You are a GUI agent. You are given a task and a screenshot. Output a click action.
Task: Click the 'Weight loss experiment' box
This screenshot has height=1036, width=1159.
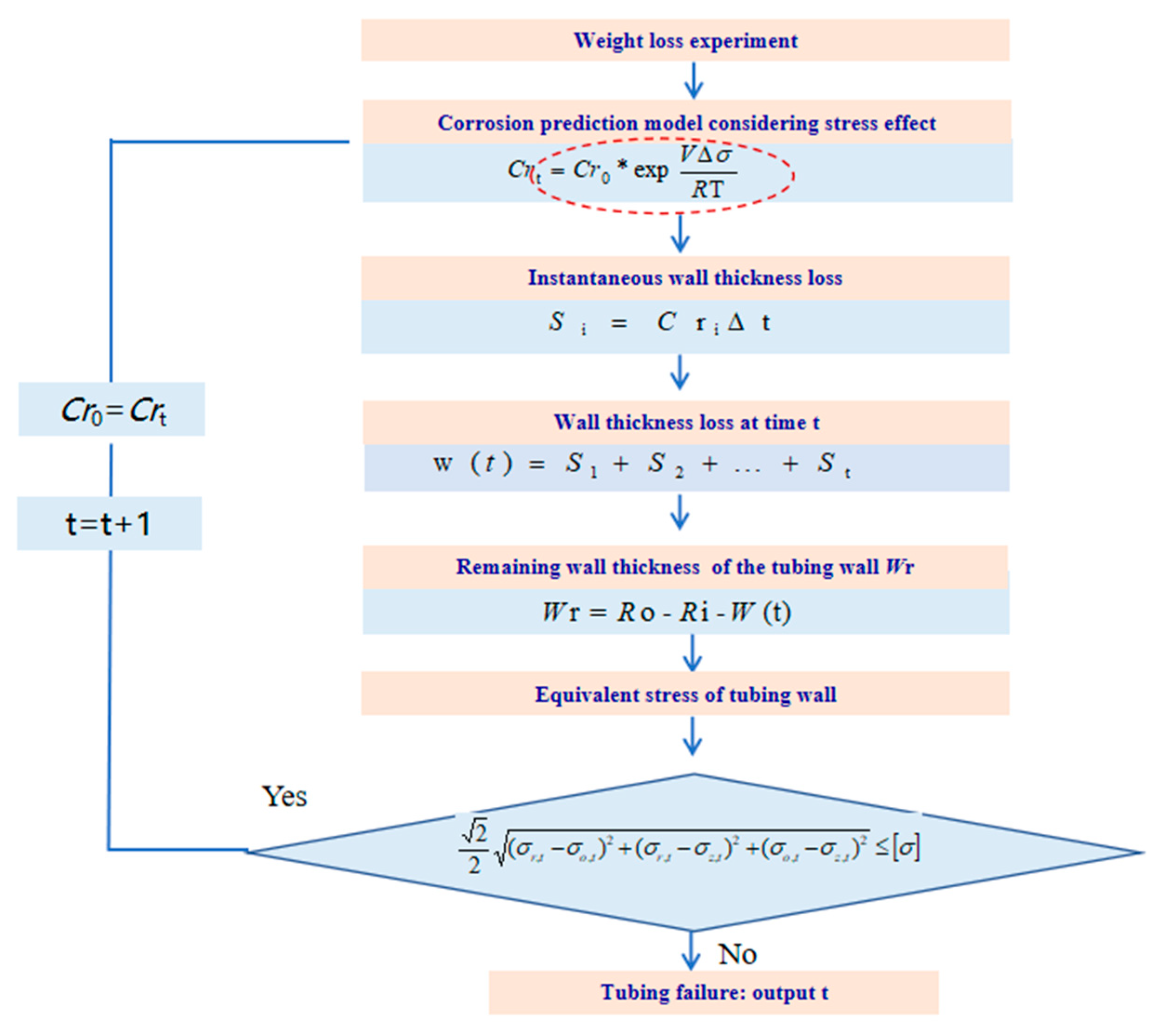pyautogui.click(x=685, y=40)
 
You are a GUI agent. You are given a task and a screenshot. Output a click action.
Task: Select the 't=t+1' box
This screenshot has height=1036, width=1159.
pyautogui.click(x=109, y=523)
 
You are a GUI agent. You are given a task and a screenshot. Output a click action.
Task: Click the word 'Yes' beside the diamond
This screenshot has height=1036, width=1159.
pyautogui.click(x=284, y=796)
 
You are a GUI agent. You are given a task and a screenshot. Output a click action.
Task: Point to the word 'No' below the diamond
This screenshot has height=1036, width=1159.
pyautogui.click(x=737, y=955)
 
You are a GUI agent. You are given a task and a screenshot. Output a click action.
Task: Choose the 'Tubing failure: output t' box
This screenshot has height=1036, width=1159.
pyautogui.click(x=713, y=992)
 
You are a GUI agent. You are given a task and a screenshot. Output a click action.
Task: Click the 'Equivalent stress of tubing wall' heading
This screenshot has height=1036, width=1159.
pyautogui.click(x=685, y=694)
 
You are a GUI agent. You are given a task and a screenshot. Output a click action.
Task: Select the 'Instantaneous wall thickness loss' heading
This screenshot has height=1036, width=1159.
pyautogui.click(x=685, y=278)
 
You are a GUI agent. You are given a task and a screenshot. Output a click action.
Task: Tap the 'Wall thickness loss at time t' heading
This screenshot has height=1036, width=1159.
pyautogui.click(x=686, y=422)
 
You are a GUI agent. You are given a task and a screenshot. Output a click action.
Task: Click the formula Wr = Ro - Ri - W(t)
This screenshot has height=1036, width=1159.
pyautogui.click(x=666, y=613)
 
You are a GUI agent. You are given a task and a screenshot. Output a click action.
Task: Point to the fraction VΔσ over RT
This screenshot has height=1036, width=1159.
pyautogui.click(x=708, y=172)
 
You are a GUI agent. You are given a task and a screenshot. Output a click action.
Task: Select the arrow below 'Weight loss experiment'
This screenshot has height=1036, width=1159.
pyautogui.click(x=693, y=81)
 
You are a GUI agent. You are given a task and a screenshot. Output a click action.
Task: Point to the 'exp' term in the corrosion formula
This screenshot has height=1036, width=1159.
pyautogui.click(x=651, y=170)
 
